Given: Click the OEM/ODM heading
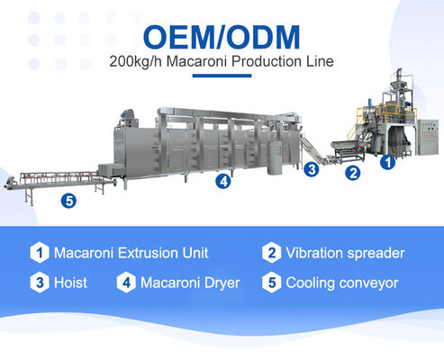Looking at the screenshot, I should (x=222, y=38).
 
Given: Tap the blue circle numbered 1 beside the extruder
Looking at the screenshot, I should (x=387, y=163).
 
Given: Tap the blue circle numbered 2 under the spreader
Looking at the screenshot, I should (x=354, y=171).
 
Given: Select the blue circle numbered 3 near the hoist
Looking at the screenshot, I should (x=312, y=167).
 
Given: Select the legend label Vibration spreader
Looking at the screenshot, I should (x=345, y=253).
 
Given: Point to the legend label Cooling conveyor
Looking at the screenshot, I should (x=341, y=283).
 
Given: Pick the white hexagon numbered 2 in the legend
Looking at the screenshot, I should (x=270, y=253).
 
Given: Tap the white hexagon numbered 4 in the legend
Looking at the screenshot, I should (x=125, y=283).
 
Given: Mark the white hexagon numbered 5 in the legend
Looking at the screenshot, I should (x=270, y=283).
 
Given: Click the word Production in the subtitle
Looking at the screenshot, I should (x=256, y=63).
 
